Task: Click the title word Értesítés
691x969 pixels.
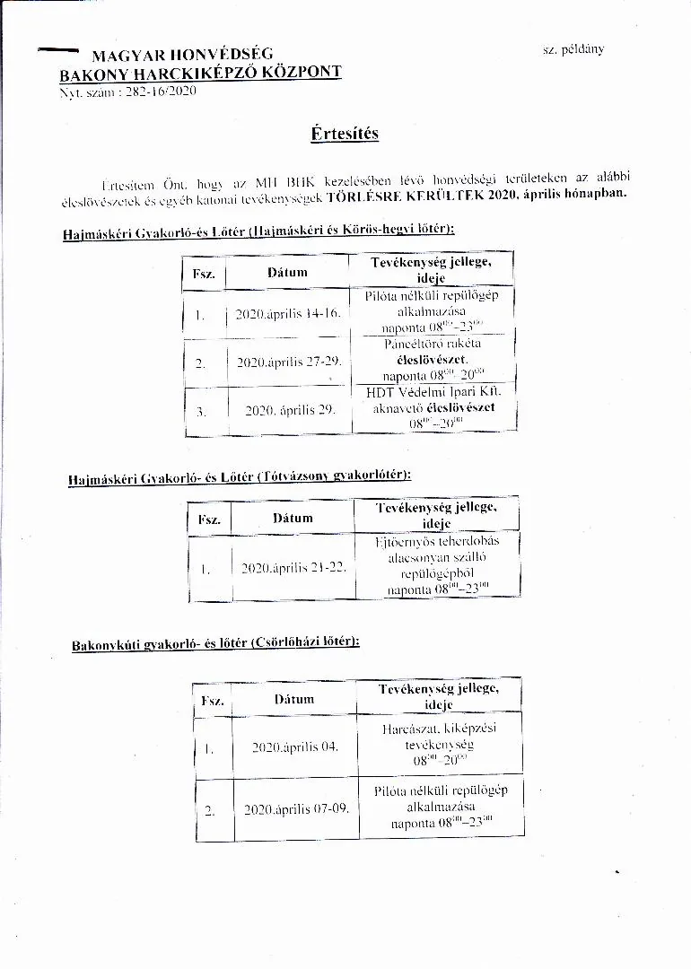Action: (x=345, y=134)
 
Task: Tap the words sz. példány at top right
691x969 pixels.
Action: (x=573, y=48)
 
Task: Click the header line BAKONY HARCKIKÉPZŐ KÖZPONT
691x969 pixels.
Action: (x=200, y=73)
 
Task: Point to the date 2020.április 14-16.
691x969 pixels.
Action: (x=287, y=315)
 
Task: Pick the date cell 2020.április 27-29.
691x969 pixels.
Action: (x=287, y=362)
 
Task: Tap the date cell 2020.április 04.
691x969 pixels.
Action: (x=295, y=746)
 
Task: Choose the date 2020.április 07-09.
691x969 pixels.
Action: (x=296, y=808)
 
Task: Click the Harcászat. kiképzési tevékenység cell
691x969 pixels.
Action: (x=438, y=744)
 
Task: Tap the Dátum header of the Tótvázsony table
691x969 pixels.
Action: (x=293, y=518)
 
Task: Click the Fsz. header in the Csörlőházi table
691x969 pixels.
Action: (x=213, y=700)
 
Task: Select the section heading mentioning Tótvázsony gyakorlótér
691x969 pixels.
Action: (x=240, y=477)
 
